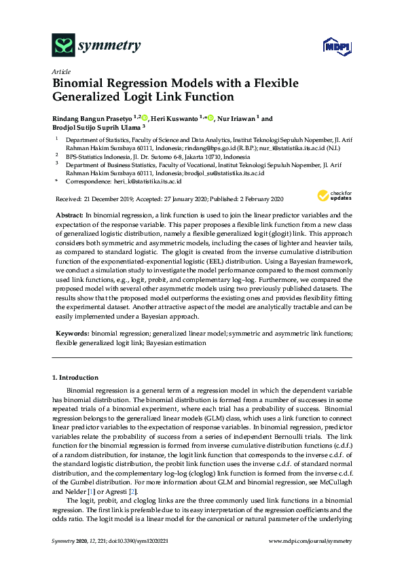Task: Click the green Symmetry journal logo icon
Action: click(x=64, y=46)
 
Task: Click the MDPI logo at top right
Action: click(x=331, y=46)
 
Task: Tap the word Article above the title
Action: click(x=60, y=71)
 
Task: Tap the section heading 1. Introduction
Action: click(x=75, y=377)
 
